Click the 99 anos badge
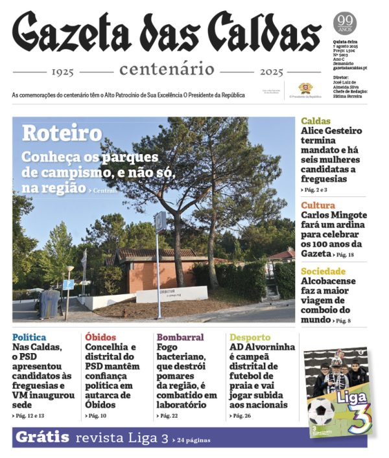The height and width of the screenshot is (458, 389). (x=344, y=25)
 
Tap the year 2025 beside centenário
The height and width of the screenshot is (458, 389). (x=271, y=71)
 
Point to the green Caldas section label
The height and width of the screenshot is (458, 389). (x=316, y=121)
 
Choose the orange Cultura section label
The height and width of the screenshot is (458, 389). (x=318, y=206)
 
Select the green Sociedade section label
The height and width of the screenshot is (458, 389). (x=323, y=271)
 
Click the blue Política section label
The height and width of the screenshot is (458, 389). (x=29, y=338)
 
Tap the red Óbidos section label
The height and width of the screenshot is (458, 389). (x=100, y=338)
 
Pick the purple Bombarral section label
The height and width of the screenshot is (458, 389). (x=180, y=338)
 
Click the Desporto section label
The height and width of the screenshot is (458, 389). (x=250, y=338)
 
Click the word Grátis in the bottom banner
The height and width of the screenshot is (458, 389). (x=42, y=437)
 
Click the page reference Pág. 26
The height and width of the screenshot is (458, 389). (x=242, y=416)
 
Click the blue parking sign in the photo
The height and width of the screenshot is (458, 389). (x=68, y=284)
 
